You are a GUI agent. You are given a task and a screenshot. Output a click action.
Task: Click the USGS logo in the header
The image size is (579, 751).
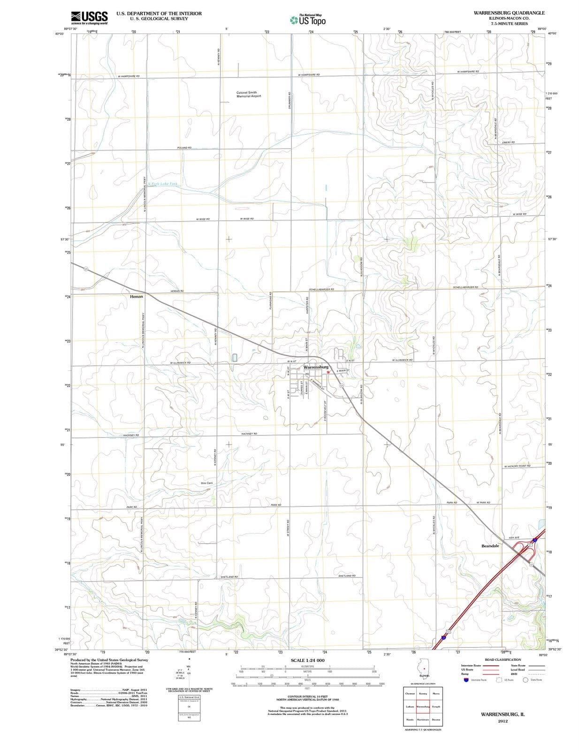(89, 18)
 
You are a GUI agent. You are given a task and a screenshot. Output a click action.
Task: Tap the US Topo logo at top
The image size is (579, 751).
(308, 20)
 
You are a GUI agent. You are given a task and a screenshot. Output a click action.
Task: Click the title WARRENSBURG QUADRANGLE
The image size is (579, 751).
(509, 13)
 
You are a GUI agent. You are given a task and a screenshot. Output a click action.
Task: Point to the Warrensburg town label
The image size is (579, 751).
(316, 367)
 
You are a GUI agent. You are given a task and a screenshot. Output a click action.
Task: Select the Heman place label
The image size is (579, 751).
(137, 297)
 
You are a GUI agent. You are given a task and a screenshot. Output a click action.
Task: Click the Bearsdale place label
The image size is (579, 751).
(490, 546)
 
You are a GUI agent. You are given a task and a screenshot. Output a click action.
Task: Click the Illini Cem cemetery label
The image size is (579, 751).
(206, 483)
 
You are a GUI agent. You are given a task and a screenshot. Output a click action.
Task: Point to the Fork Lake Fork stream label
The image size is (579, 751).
(163, 184)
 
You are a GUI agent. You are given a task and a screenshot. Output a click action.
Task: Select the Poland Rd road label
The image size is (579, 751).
(184, 148)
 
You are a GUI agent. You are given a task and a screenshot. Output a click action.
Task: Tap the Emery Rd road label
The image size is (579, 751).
(508, 142)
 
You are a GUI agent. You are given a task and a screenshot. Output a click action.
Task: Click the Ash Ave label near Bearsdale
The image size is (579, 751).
(514, 537)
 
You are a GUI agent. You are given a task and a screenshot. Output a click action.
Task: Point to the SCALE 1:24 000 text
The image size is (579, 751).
(307, 660)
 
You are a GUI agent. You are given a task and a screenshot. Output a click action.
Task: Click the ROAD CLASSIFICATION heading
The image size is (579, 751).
(503, 659)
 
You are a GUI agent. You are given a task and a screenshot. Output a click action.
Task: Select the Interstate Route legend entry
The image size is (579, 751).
(471, 665)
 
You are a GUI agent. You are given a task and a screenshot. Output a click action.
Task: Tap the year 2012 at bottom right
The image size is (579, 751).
(503, 721)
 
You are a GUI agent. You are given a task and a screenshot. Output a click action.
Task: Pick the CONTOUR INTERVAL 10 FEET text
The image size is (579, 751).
(307, 696)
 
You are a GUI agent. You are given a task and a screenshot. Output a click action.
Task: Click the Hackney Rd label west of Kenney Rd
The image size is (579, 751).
(131, 435)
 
